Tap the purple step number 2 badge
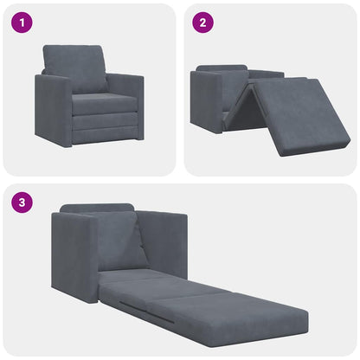click(201, 22)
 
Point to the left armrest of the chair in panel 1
click(52, 108)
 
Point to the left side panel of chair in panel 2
click(206, 102)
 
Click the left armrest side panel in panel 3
click(73, 255)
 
